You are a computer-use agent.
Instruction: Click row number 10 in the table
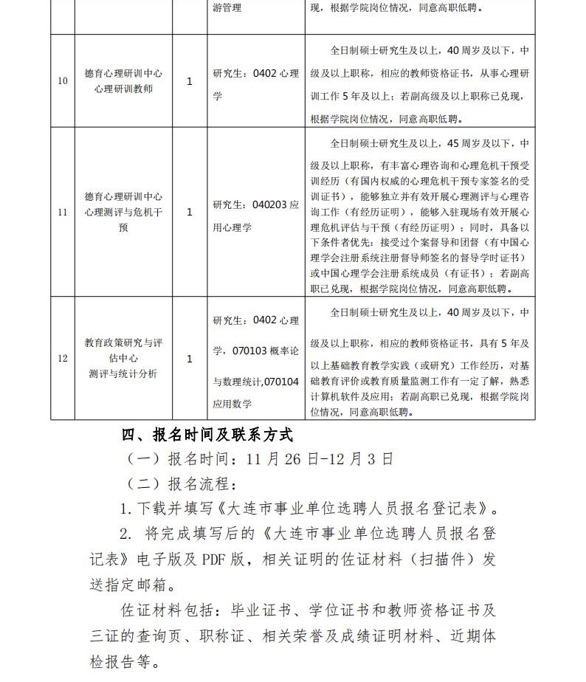[63, 81]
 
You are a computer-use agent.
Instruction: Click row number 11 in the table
[63, 213]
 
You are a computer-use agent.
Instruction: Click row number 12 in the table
[63, 359]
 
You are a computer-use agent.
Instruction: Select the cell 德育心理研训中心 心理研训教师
[123, 81]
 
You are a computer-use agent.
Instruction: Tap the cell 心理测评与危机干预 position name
[123, 213]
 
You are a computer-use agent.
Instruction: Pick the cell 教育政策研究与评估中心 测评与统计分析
[123, 359]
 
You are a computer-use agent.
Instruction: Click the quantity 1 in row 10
[190, 81]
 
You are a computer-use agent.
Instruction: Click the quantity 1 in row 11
[190, 213]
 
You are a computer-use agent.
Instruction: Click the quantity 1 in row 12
[190, 359]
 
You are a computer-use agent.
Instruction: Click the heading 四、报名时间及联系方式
[207, 433]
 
